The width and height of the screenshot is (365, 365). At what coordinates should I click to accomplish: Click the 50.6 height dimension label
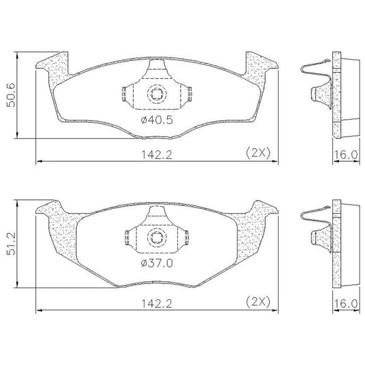[x=11, y=95]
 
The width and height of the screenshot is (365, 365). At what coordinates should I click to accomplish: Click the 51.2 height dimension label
[x=11, y=243]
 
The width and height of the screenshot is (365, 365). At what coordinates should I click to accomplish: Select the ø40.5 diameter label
[x=157, y=120]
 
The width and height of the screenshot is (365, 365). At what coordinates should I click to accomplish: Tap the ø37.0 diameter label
[x=157, y=263]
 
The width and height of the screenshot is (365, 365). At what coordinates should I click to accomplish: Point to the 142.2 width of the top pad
[x=157, y=155]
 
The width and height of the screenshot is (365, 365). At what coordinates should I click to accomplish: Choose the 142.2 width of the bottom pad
[x=157, y=304]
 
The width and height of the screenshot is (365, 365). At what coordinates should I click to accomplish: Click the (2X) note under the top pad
[x=258, y=153]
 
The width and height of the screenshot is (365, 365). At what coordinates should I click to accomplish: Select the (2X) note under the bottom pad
[x=258, y=302]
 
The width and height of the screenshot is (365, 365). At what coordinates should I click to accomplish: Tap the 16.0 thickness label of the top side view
[x=346, y=155]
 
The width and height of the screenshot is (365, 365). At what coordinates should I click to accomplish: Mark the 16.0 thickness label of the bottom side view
[x=346, y=304]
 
